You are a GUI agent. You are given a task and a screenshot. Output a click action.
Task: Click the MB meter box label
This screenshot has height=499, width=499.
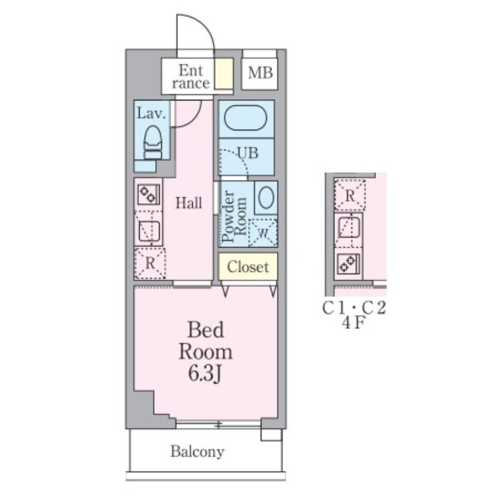(x=260, y=73)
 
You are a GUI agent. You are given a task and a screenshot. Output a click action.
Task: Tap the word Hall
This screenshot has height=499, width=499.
(x=189, y=203)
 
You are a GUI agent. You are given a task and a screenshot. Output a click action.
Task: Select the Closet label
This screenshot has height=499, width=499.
(x=248, y=267)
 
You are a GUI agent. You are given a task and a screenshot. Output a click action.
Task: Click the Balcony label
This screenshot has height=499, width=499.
(x=197, y=452)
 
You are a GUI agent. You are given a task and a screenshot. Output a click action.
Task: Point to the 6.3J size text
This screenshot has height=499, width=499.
(x=205, y=373)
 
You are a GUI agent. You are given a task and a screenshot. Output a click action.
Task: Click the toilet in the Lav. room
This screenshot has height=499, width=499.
(x=153, y=142)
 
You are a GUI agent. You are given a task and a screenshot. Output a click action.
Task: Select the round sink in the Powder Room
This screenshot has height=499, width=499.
(x=266, y=197)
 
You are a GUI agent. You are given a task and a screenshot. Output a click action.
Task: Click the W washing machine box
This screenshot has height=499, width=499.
(x=263, y=233)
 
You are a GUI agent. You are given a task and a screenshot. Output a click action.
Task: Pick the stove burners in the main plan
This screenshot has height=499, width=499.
(x=148, y=194)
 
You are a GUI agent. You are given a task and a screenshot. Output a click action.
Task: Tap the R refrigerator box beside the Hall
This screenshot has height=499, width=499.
(x=150, y=263)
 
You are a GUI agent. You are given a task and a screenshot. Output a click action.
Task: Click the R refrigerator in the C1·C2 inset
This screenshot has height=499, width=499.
(x=350, y=195)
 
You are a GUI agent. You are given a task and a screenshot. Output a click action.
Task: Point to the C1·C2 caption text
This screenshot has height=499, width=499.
(x=354, y=308)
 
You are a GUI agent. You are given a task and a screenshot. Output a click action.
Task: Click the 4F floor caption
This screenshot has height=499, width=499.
(x=353, y=323)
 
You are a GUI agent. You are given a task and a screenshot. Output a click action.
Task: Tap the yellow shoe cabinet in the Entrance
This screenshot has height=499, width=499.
(x=224, y=74)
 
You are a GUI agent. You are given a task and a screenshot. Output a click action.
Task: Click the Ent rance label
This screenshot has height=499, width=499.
(x=191, y=77)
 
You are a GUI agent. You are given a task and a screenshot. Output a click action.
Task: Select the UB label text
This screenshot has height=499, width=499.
(x=248, y=153)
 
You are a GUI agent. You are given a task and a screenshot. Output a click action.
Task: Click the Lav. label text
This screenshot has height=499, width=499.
(x=152, y=114)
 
